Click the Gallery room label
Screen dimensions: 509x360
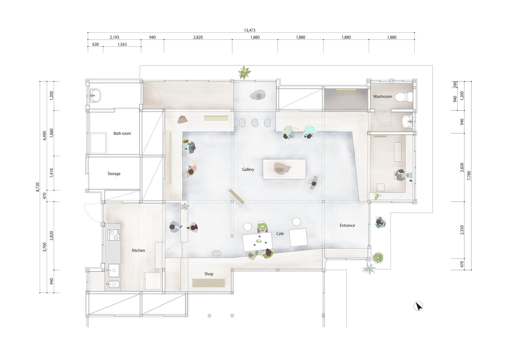[x=248, y=170]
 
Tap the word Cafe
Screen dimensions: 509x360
[x=280, y=234]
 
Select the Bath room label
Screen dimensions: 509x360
[x=122, y=134]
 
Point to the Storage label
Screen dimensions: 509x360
[x=114, y=174]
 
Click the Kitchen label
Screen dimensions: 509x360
[x=138, y=251]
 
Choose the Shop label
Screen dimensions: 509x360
[x=209, y=274]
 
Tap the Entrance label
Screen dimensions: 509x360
[x=347, y=225]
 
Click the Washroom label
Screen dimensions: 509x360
[x=383, y=96]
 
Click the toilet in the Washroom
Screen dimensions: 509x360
[x=404, y=97]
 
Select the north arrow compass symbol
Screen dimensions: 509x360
[x=418, y=306]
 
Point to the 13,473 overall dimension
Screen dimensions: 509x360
[x=250, y=30]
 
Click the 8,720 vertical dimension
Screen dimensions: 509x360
[x=38, y=187]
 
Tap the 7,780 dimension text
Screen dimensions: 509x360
[x=469, y=176]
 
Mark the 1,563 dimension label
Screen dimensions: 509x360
[x=122, y=44]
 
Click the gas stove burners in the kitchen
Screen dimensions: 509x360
[x=114, y=235]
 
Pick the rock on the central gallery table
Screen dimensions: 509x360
[x=282, y=168]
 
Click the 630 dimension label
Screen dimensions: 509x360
[x=95, y=44]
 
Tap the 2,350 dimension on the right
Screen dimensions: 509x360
[x=462, y=230]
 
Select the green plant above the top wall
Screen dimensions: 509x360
[x=244, y=72]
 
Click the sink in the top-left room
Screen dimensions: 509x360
[x=95, y=95]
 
